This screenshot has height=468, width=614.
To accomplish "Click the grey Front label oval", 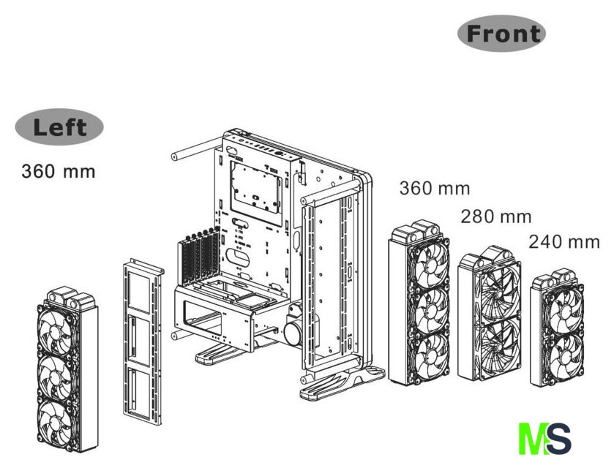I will point(502,33).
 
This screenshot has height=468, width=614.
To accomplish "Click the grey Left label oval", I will point(59,127).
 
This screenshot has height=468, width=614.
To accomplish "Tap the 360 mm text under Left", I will point(58,173).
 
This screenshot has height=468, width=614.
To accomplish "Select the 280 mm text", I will point(495,217).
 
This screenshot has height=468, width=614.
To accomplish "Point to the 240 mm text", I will point(564,242).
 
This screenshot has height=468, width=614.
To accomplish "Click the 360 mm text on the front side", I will point(434,188).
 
